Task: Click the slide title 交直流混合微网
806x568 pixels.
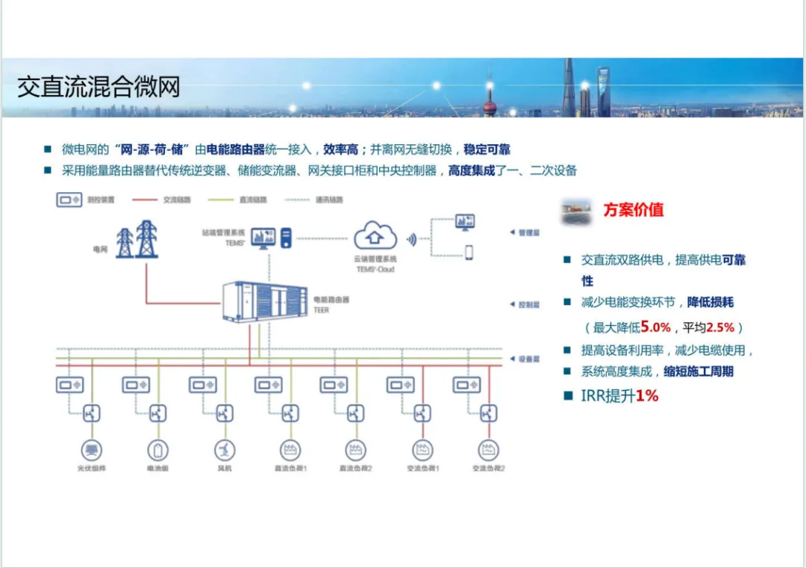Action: pos(99,87)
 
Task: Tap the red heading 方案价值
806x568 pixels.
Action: pos(633,210)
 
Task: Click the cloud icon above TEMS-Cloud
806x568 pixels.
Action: pos(374,235)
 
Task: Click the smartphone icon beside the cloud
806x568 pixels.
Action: pos(469,252)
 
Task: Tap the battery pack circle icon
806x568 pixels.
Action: pos(157,450)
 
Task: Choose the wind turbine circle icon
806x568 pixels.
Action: pos(224,450)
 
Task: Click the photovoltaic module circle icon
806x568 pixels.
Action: pos(92,450)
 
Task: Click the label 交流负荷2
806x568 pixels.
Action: pos(489,469)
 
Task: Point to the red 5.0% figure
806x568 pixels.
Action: pos(657,327)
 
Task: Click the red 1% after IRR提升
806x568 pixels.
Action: pos(647,396)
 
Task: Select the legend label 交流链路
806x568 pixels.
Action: pos(177,200)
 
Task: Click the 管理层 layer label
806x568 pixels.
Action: pos(528,232)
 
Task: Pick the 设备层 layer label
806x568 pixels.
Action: pos(528,359)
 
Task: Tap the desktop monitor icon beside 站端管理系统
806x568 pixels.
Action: pos(262,238)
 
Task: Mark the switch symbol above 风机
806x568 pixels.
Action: pos(224,413)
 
